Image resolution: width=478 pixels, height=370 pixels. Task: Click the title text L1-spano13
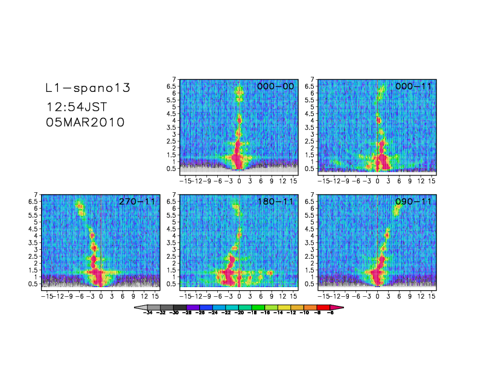pyautogui.click(x=88, y=88)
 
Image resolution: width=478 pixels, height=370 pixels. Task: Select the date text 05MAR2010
pyautogui.click(x=85, y=122)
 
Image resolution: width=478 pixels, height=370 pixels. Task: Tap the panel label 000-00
pyautogui.click(x=276, y=86)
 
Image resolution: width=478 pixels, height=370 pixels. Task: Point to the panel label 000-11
pyautogui.click(x=414, y=86)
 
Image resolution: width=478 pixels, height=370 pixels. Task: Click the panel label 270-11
pyautogui.click(x=138, y=201)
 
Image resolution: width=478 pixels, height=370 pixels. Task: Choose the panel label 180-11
pyautogui.click(x=276, y=201)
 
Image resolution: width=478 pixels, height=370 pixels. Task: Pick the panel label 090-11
pyautogui.click(x=414, y=201)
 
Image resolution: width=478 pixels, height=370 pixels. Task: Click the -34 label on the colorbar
pyautogui.click(x=148, y=314)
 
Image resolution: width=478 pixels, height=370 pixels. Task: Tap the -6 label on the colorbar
pyautogui.click(x=331, y=314)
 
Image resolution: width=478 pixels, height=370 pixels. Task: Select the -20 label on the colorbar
pyautogui.click(x=240, y=314)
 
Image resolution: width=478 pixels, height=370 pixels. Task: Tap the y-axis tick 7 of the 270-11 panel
pyautogui.click(x=36, y=195)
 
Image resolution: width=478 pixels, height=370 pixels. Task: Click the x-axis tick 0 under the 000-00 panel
pyautogui.click(x=240, y=181)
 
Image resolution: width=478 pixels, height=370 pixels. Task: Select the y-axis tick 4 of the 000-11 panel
pyautogui.click(x=312, y=120)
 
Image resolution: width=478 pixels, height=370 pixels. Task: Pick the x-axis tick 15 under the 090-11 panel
pyautogui.click(x=432, y=296)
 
